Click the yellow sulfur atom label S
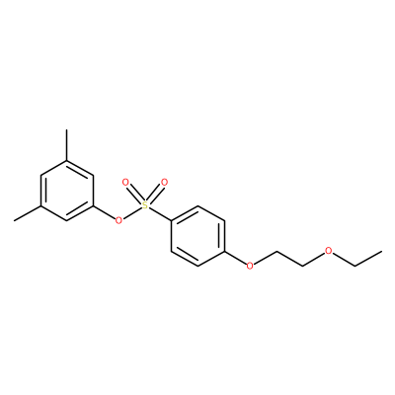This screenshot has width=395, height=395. [145, 205]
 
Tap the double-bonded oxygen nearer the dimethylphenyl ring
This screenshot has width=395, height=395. [125, 182]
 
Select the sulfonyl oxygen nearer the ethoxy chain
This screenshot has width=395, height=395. [164, 182]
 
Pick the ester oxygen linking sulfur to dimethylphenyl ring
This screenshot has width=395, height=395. [118, 219]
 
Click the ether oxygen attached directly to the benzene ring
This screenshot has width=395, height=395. [250, 266]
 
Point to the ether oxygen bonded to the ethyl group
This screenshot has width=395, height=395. [328, 251]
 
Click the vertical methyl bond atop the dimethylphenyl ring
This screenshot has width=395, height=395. [67, 145]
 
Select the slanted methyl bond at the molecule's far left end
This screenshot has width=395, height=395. [28, 213]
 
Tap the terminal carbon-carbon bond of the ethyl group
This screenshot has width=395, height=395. [368, 259]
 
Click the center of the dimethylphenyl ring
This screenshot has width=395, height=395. [67, 191]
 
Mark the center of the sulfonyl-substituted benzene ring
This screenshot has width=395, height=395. [197, 236]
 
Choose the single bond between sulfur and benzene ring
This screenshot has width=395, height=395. [160, 214]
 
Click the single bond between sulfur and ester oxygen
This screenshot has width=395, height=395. [131, 212]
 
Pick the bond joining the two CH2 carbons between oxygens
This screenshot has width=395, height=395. [289, 259]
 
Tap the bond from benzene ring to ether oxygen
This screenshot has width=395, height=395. [235, 258]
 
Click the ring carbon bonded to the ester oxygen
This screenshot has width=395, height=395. [94, 206]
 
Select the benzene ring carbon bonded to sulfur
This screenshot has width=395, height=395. [171, 220]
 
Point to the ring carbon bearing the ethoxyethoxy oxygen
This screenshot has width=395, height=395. [225, 252]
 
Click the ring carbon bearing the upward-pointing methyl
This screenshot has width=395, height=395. [67, 161]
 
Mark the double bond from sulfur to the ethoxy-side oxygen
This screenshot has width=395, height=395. [155, 194]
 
